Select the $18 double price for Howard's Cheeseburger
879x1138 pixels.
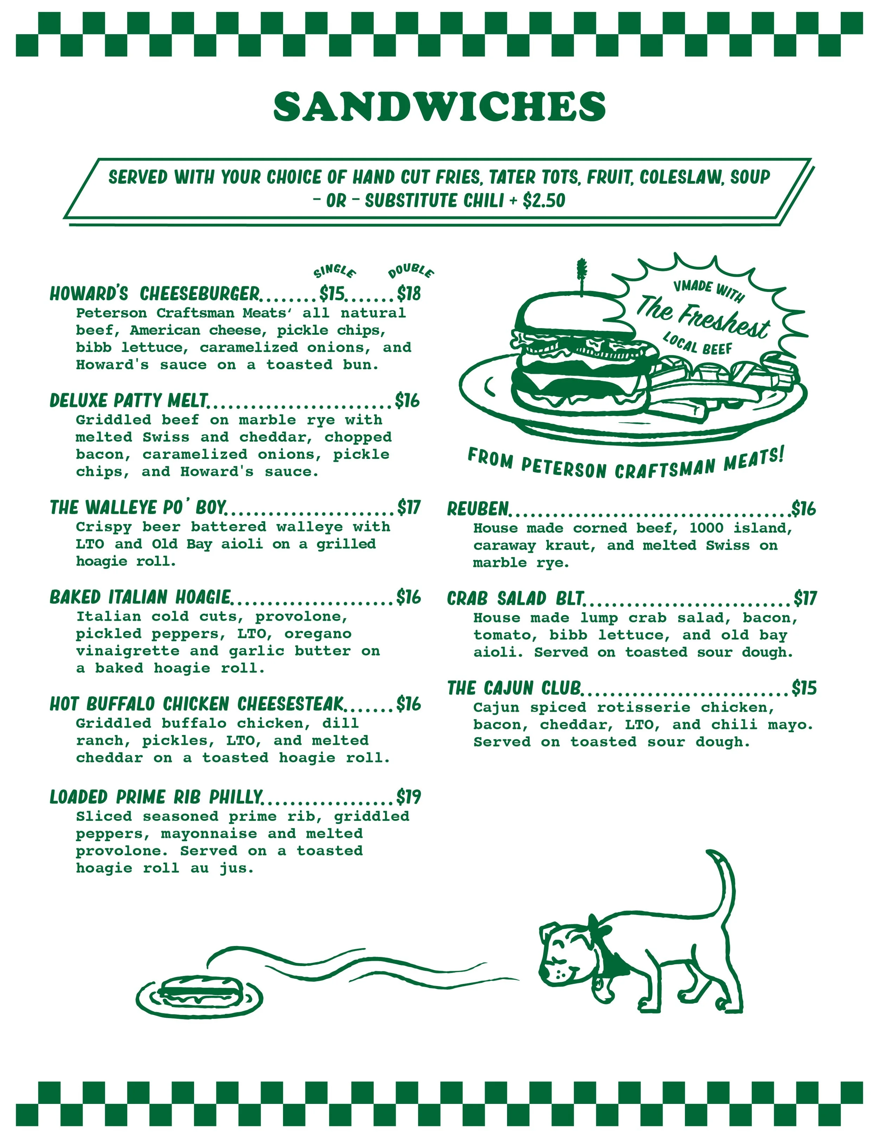click(x=409, y=294)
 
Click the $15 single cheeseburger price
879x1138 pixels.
click(x=332, y=294)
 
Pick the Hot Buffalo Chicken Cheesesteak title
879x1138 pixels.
click(x=197, y=704)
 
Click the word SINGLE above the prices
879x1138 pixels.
click(x=334, y=271)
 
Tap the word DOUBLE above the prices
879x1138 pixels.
click(x=411, y=271)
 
